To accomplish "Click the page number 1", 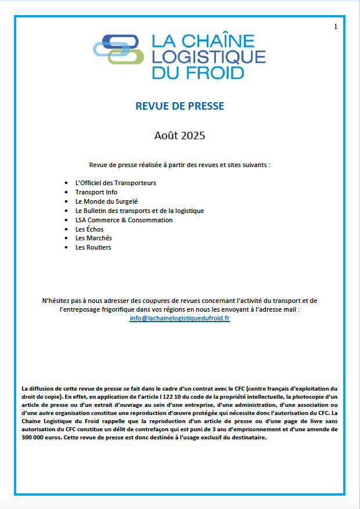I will pyautogui.click(x=336, y=27).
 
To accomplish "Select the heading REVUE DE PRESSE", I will pyautogui.click(x=179, y=106).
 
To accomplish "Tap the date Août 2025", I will pyautogui.click(x=179, y=136).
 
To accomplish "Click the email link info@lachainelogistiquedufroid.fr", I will pyautogui.click(x=179, y=319).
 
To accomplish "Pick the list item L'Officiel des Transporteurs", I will pyautogui.click(x=116, y=183).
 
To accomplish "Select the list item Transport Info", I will pyautogui.click(x=96, y=192).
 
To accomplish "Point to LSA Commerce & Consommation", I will pyautogui.click(x=124, y=220).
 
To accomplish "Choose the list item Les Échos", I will pyautogui.click(x=89, y=229).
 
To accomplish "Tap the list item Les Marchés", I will pyautogui.click(x=93, y=238).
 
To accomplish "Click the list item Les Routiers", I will pyautogui.click(x=93, y=247).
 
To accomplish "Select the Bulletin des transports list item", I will pyautogui.click(x=139, y=211).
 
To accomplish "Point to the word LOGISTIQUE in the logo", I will pyautogui.click(x=208, y=57).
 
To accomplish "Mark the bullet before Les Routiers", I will pyautogui.click(x=67, y=248).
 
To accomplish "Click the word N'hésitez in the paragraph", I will pyautogui.click(x=56, y=301).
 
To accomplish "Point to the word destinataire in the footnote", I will pyautogui.click(x=247, y=438).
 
